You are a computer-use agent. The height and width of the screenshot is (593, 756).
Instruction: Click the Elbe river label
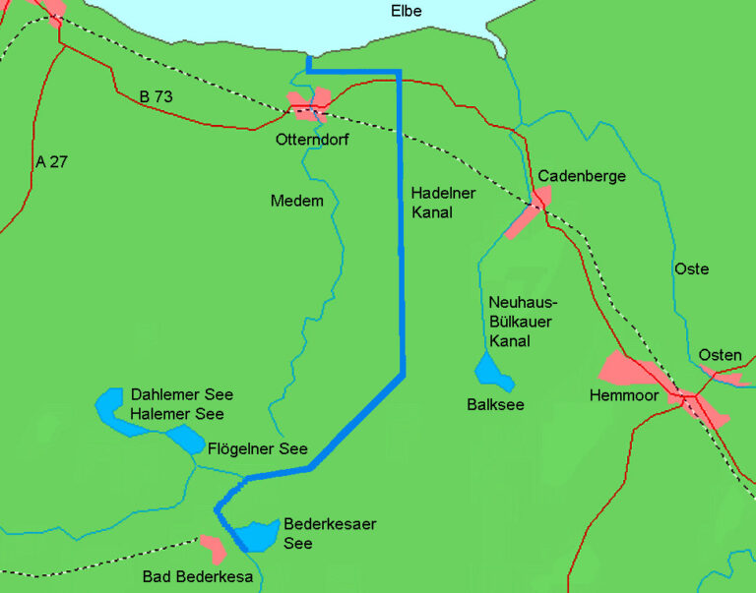(x=407, y=12)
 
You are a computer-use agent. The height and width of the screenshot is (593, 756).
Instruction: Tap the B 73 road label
(x=158, y=96)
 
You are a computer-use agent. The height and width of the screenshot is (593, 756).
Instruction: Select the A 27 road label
(x=51, y=161)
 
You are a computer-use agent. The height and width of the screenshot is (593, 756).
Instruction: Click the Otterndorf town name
(x=312, y=141)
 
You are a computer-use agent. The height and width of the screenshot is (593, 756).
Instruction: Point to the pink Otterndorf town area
(x=307, y=104)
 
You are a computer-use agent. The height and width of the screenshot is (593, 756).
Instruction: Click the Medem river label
(x=296, y=201)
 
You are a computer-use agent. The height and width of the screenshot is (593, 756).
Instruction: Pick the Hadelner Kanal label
(x=431, y=202)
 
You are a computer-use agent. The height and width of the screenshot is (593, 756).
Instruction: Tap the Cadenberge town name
(x=582, y=175)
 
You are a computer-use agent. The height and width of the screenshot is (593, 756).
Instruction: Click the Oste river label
(x=691, y=268)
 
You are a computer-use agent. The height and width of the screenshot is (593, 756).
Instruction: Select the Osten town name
(x=720, y=354)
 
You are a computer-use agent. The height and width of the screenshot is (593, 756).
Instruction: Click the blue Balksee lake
(x=490, y=371)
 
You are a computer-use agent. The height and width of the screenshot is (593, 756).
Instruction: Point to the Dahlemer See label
(x=182, y=394)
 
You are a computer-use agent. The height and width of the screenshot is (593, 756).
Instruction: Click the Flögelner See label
(x=258, y=448)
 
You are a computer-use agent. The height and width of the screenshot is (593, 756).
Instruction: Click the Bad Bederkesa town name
(x=198, y=577)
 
